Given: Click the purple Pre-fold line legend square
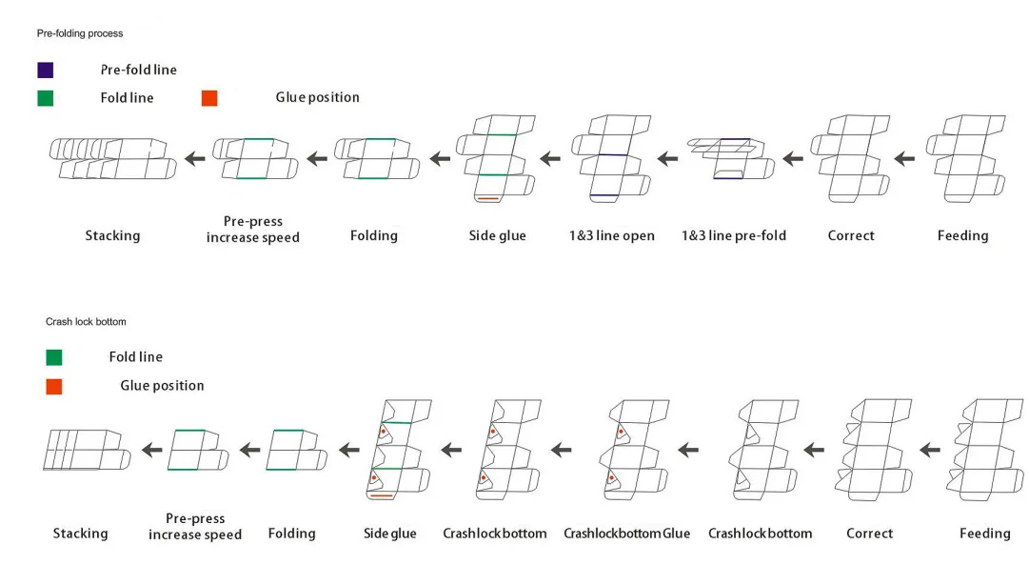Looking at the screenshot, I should coord(45,70).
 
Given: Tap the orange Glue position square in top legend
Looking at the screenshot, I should coord(209,97).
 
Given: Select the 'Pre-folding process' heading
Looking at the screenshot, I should coord(80,33).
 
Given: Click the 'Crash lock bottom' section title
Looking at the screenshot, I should coord(86,322).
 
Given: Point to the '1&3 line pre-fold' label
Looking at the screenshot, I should coord(734,235).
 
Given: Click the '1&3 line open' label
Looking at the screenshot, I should coord(611,235).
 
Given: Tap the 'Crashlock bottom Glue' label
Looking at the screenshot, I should coord(626,534).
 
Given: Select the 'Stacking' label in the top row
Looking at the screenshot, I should coord(112,235).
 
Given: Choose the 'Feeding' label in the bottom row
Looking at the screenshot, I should coord(984,534).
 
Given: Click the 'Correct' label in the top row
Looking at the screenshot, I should coord(851,235).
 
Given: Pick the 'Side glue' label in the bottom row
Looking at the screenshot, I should coord(390,534).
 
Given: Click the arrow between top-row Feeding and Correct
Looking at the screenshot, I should coord(904,157).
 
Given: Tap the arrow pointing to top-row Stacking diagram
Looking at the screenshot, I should coord(195,158).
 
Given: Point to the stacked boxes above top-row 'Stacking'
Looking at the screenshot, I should coord(112,158).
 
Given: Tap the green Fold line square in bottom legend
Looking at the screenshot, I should coord(54,357).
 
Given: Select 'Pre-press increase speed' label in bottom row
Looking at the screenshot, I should coord(195,526).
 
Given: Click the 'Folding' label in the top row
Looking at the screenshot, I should coord(374,235).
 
